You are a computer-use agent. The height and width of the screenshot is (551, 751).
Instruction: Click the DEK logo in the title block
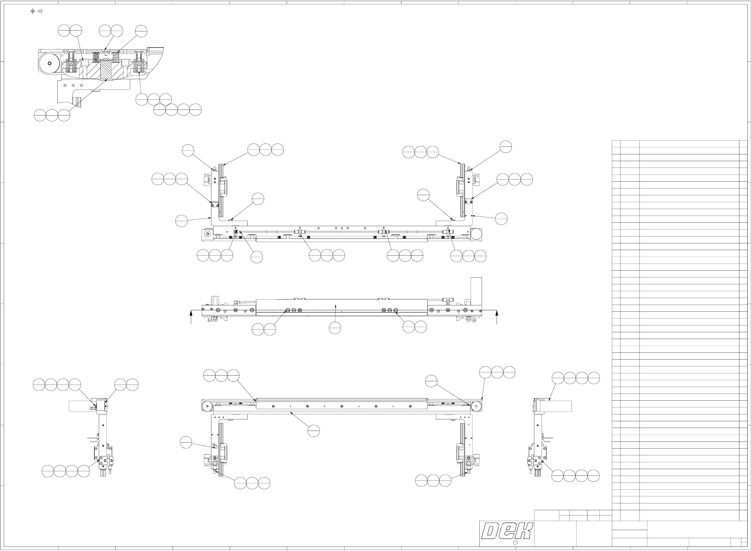(507, 531)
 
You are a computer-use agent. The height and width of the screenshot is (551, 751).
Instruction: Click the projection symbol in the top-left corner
(36, 11)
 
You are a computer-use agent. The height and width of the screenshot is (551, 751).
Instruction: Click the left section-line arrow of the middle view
(191, 318)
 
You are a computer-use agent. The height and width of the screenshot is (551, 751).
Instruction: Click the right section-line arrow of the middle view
(497, 318)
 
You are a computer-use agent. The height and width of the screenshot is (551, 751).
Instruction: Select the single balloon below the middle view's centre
(335, 328)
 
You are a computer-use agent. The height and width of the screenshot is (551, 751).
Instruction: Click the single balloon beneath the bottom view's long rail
(314, 431)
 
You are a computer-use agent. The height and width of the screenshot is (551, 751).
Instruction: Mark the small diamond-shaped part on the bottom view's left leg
(214, 446)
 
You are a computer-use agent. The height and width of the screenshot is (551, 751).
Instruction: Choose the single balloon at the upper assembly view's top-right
(506, 147)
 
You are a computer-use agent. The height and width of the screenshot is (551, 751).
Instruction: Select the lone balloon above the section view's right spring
(141, 31)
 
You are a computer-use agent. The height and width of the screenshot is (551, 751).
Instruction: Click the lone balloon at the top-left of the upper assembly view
(188, 150)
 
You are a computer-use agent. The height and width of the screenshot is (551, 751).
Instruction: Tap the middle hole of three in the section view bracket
(73, 85)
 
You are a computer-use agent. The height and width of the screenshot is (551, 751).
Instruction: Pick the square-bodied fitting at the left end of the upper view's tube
(236, 232)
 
